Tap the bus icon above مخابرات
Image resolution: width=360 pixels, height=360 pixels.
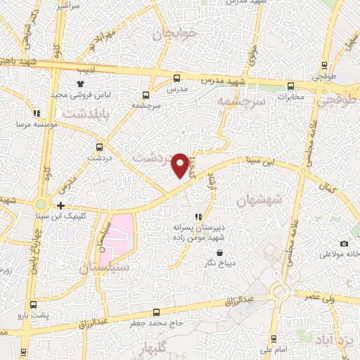(x=290, y=86)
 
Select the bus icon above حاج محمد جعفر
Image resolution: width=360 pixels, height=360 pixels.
(x=157, y=312)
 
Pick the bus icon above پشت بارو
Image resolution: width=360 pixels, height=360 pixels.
(x=34, y=304)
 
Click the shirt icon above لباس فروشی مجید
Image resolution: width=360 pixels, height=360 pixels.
(x=80, y=84)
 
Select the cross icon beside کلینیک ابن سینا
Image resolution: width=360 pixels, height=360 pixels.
(x=62, y=206)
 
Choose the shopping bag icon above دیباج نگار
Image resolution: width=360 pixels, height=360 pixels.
(x=220, y=253)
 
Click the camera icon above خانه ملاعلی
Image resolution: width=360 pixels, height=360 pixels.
(x=344, y=243)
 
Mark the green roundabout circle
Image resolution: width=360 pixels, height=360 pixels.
(x=42, y=205)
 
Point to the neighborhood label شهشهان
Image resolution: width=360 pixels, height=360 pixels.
(x=260, y=200)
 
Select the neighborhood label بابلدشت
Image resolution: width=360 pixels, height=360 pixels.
(x=86, y=112)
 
